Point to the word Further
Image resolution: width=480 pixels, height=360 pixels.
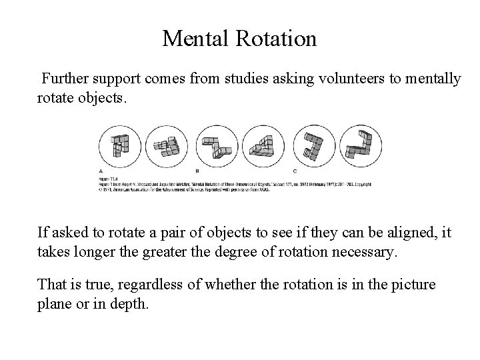[65, 79]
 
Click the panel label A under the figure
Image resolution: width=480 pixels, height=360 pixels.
[101, 171]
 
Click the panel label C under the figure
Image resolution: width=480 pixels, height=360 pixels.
[295, 171]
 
